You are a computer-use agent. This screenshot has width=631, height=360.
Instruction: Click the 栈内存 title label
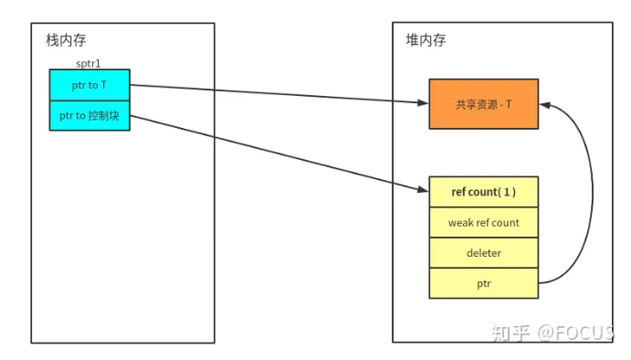(x=67, y=40)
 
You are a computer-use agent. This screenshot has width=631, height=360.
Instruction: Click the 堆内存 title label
(x=426, y=40)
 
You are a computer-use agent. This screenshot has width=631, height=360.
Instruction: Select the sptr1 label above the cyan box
(x=89, y=65)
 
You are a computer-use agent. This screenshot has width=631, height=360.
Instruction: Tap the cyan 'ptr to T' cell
(x=89, y=85)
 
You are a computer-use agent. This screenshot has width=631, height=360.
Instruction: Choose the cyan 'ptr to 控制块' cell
(x=89, y=115)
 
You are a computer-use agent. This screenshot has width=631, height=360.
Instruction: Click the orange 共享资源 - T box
(x=483, y=104)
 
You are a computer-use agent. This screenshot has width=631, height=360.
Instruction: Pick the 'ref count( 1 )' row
(x=483, y=192)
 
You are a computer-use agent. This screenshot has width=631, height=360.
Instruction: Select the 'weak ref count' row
(x=483, y=222)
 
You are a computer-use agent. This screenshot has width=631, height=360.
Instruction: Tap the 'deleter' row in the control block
(x=483, y=252)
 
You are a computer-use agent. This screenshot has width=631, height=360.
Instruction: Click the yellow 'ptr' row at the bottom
(x=483, y=282)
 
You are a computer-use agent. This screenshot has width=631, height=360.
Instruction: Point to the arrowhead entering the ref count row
(x=424, y=191)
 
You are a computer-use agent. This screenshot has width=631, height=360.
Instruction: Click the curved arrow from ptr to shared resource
(x=592, y=192)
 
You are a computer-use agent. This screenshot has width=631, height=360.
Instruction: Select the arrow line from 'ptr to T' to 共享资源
(x=274, y=93)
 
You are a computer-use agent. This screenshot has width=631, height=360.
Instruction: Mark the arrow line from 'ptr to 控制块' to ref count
(x=274, y=152)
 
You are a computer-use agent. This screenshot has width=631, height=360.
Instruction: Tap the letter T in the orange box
(x=508, y=104)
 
